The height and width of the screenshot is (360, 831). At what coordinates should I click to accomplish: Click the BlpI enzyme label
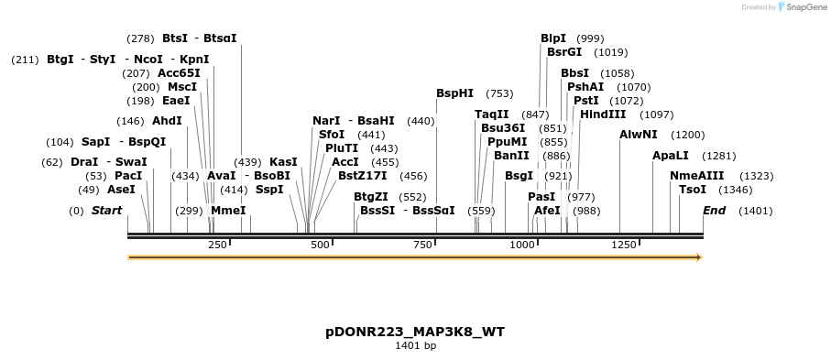tap(553, 38)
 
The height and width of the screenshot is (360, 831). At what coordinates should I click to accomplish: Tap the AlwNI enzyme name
tap(639, 135)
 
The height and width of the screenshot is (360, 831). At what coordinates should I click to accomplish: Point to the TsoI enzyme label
tap(693, 190)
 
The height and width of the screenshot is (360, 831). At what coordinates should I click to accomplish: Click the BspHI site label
tap(454, 93)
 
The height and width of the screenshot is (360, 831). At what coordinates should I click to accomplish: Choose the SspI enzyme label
tap(269, 190)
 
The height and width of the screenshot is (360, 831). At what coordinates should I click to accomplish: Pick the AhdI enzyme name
tap(167, 121)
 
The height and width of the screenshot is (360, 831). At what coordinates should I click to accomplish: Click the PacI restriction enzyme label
tap(128, 176)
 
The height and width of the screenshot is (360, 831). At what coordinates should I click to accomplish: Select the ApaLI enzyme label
tap(671, 156)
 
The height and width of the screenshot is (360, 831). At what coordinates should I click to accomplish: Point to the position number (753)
tap(499, 93)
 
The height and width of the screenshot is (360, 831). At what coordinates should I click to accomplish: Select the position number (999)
tap(591, 38)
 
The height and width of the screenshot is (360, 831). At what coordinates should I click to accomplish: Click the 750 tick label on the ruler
tap(422, 245)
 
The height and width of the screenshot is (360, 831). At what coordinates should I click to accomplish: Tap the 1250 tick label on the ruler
tap(624, 245)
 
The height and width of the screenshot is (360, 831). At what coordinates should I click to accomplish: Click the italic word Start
tap(106, 211)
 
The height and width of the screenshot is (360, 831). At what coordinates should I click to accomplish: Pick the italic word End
tap(715, 211)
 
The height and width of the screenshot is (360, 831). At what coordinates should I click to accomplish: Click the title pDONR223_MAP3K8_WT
tap(415, 332)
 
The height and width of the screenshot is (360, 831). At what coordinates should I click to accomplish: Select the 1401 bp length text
tap(415, 345)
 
